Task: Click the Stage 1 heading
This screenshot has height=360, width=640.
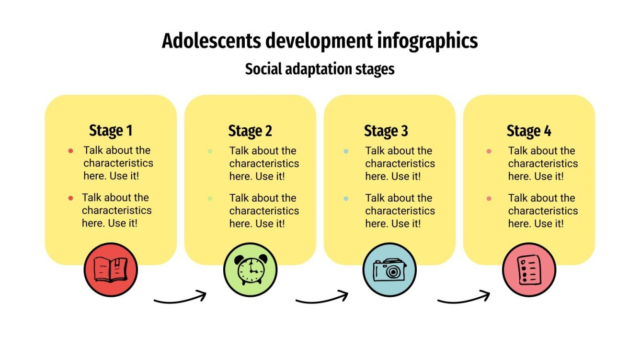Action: (111, 131)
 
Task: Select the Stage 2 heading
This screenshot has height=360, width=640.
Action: (250, 131)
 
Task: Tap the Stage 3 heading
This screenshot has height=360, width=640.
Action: (386, 131)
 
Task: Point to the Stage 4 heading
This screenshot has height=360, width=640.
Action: (529, 131)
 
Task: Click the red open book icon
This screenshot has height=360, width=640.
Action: (111, 270)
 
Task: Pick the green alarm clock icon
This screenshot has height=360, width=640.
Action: (250, 270)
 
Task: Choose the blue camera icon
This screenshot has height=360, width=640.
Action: (389, 270)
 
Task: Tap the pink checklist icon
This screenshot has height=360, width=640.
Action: (529, 270)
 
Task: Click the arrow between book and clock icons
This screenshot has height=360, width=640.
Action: (180, 298)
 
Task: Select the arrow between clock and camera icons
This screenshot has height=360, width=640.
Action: (321, 298)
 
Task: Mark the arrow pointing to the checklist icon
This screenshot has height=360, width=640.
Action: (463, 298)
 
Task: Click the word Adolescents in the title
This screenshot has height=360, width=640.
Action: (211, 41)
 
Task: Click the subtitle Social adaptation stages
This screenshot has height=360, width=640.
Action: (320, 69)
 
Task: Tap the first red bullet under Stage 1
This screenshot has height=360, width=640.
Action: (71, 151)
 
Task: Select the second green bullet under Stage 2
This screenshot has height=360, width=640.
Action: (210, 198)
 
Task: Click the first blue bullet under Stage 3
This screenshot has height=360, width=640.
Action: (346, 151)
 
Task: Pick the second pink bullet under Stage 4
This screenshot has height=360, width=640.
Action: (489, 198)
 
